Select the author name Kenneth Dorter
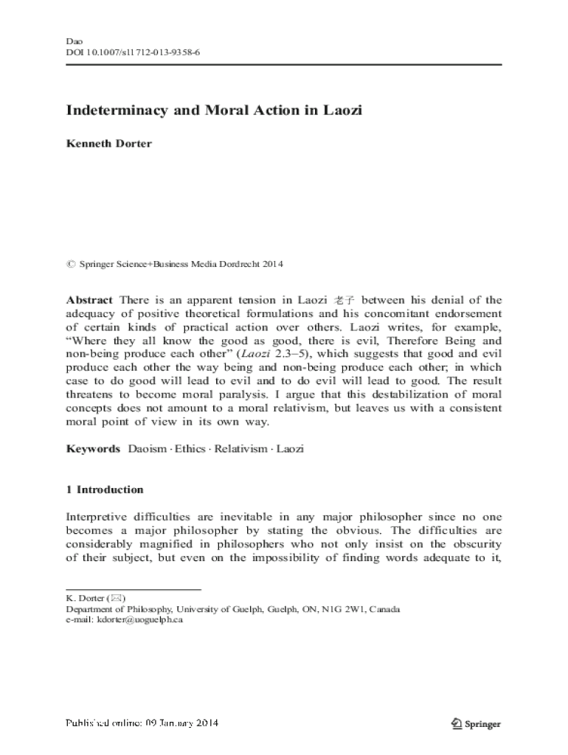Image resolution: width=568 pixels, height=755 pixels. point(109,143)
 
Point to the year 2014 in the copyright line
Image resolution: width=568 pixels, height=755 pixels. point(273,264)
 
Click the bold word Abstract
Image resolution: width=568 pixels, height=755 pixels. point(89,300)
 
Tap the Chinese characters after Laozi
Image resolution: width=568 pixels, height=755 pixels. point(344,300)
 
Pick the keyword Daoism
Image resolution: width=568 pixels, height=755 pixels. point(147,448)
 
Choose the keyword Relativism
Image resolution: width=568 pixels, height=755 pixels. point(240,448)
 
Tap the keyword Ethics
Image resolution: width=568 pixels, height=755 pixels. point(190,448)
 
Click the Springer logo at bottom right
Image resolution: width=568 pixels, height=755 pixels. point(476,723)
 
